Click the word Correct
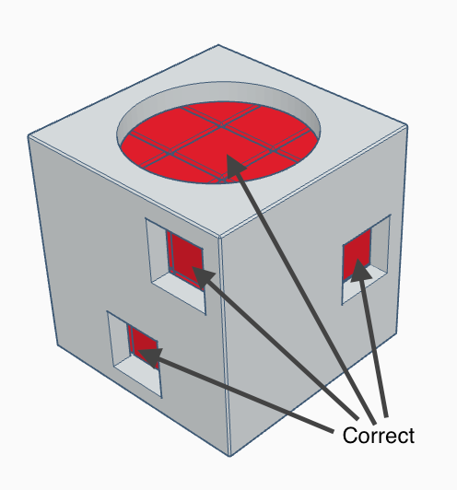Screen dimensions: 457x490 [x=379, y=436]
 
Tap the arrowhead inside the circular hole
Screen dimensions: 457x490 [x=235, y=165]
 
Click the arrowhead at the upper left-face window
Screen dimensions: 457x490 [x=203, y=277]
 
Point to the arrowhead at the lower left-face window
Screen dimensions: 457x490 [x=150, y=356]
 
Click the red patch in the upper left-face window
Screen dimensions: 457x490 [x=185, y=261]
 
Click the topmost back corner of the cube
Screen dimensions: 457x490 [x=218, y=45]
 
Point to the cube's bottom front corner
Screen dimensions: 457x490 [x=229, y=456]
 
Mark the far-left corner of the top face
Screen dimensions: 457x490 [x=29, y=135]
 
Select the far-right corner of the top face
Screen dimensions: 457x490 [x=407, y=125]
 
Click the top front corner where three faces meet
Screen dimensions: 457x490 [x=219, y=238]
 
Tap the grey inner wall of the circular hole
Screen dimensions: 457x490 [x=218, y=92]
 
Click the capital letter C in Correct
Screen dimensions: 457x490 [x=349, y=436]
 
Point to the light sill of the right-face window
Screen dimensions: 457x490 [x=363, y=285]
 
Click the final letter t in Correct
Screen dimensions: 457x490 [x=411, y=436]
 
